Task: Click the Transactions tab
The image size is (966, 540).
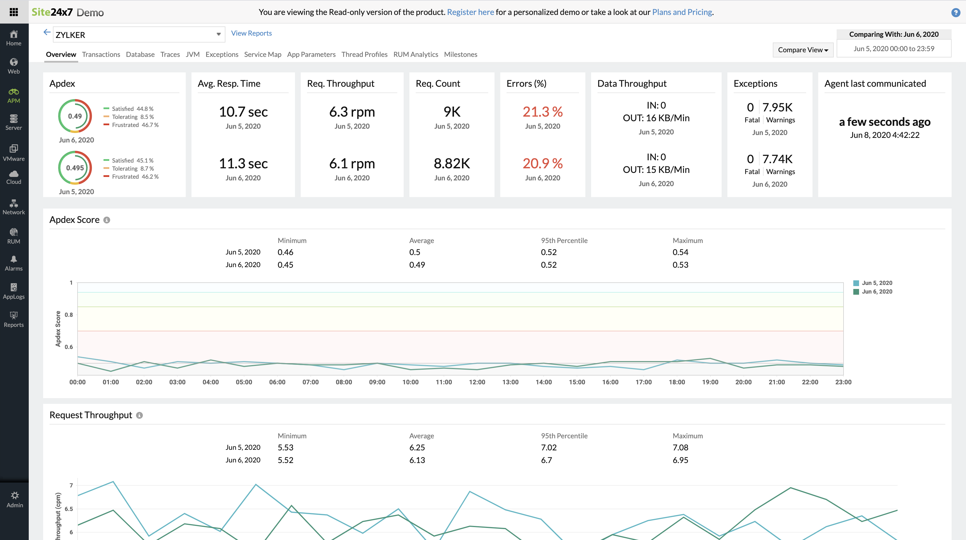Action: click(101, 54)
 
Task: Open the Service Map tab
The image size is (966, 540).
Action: click(262, 54)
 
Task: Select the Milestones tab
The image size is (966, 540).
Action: click(461, 54)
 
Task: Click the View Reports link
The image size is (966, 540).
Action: click(251, 33)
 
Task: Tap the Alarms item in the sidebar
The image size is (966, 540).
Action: click(14, 263)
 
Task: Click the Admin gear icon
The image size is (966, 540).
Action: click(15, 495)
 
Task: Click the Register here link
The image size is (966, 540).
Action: click(470, 12)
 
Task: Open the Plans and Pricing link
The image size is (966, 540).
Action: click(682, 12)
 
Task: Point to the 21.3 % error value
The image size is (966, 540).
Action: click(542, 112)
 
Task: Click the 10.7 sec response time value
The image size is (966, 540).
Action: click(243, 112)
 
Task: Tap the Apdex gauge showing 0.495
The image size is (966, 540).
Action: click(75, 168)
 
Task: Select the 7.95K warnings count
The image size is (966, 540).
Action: click(777, 107)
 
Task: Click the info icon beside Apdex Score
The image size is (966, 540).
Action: click(107, 220)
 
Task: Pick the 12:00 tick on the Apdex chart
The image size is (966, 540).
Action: click(477, 382)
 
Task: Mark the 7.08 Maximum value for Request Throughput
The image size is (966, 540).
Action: click(680, 448)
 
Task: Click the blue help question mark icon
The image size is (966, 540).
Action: click(955, 12)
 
